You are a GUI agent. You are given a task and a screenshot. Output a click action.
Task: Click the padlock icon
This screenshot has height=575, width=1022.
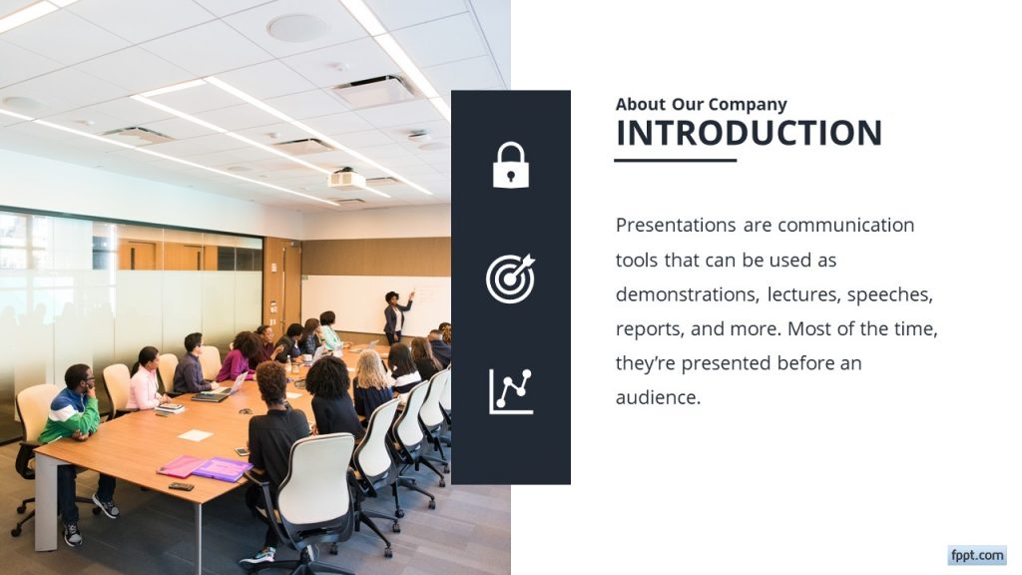[x=510, y=166]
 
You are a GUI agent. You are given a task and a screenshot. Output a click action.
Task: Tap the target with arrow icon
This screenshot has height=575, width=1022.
[x=510, y=279]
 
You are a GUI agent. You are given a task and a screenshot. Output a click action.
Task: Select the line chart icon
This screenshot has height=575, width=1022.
[x=510, y=391]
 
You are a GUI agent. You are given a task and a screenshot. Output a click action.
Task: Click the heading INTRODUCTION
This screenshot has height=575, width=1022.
[x=749, y=133]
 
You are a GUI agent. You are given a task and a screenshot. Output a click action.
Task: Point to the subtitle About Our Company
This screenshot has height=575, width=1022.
[x=701, y=104]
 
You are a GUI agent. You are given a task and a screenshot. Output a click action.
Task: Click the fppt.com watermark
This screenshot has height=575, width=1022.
[x=976, y=555]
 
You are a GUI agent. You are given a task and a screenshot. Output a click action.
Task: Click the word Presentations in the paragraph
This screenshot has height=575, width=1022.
[x=676, y=225]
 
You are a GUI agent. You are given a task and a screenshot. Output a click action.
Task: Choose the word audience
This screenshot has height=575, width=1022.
[x=657, y=397]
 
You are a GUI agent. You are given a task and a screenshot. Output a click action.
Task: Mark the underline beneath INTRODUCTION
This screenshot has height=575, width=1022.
[x=675, y=160]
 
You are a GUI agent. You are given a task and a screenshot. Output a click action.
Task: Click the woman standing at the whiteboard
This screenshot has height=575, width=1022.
[x=396, y=314]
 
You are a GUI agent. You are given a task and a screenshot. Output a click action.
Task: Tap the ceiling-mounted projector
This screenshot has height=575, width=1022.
[x=346, y=179]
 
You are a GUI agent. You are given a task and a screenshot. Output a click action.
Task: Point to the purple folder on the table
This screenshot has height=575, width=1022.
[x=222, y=468]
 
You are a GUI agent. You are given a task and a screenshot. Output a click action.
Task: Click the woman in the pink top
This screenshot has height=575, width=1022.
[x=145, y=381]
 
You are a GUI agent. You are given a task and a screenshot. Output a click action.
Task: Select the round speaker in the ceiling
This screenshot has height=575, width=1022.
[x=296, y=28]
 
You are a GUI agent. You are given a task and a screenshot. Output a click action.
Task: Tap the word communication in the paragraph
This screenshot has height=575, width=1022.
[x=845, y=225]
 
